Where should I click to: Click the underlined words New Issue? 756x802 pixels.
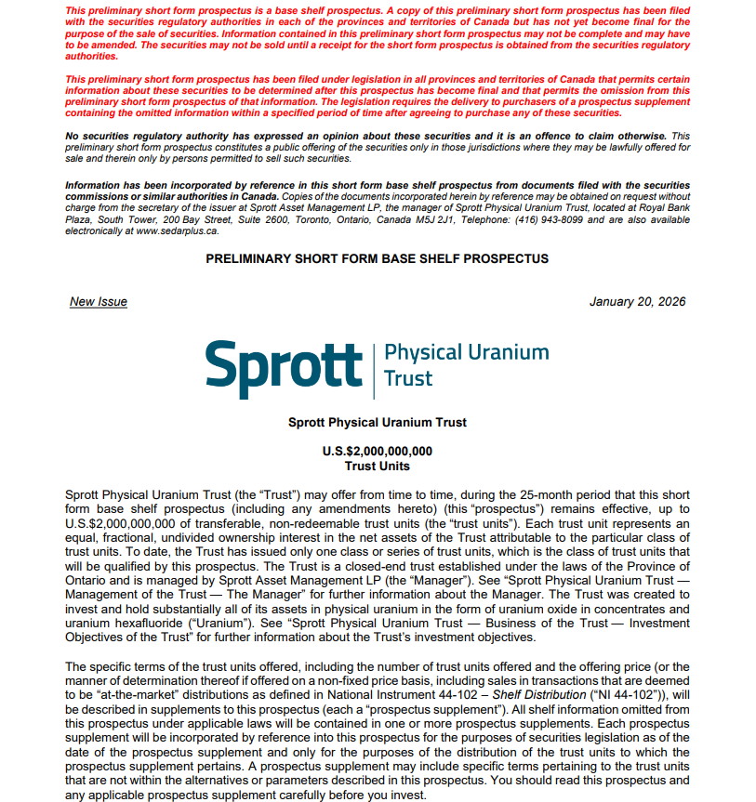99,302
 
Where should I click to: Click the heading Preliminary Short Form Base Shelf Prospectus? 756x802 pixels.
377,259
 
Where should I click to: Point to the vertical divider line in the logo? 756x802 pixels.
373,366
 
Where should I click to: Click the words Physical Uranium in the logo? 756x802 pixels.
466,353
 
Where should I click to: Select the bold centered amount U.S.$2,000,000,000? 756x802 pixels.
377,452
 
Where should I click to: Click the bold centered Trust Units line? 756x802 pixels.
377,466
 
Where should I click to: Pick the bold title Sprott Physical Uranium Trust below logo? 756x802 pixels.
377,423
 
